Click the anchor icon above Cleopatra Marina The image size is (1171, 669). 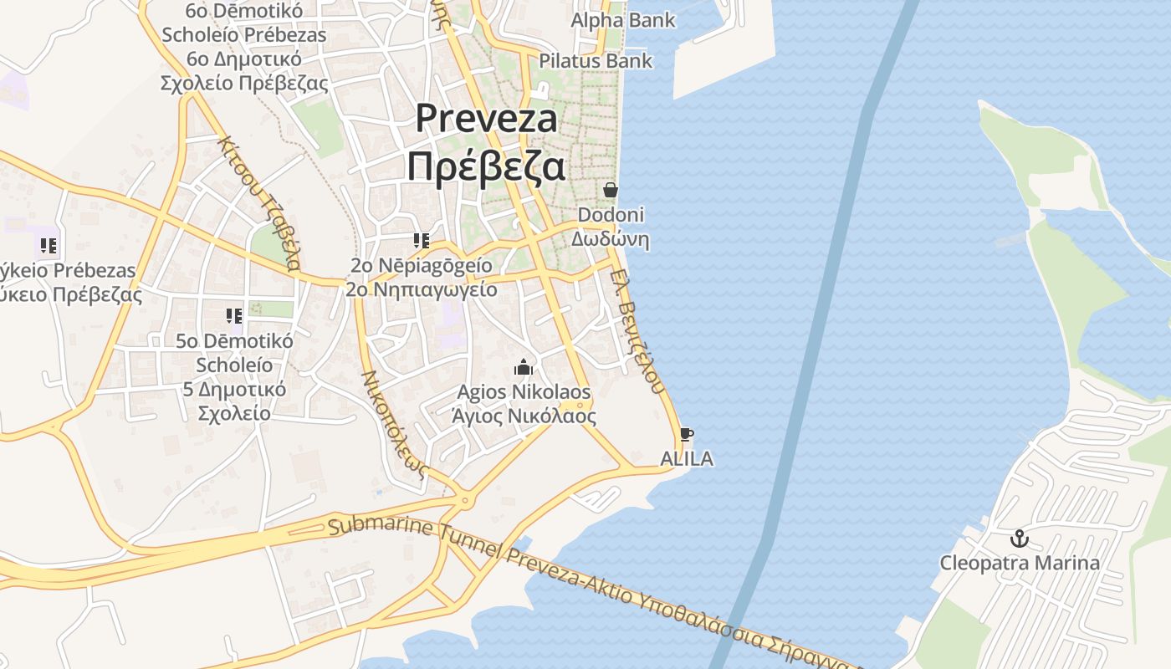pyautogui.click(x=1019, y=539)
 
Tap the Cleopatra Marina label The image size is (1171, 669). pyautogui.click(x=1020, y=563)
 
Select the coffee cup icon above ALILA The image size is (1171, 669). pyautogui.click(x=686, y=434)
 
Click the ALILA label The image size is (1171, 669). pyautogui.click(x=687, y=458)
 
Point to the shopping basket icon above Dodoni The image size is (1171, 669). pyautogui.click(x=611, y=190)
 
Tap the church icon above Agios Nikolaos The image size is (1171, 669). pyautogui.click(x=524, y=367)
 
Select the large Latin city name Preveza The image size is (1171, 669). pyautogui.click(x=486, y=118)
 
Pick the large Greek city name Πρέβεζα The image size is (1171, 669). pyautogui.click(x=486, y=166)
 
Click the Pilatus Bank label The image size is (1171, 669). pyautogui.click(x=596, y=61)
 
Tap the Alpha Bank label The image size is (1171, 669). pyautogui.click(x=623, y=20)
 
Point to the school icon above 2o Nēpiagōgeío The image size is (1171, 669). pyautogui.click(x=422, y=242)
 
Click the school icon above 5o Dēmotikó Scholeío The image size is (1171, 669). pyautogui.click(x=234, y=316)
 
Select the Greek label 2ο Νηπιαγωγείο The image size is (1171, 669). pyautogui.click(x=422, y=289)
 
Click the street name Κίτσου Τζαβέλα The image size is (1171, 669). pyautogui.click(x=258, y=202)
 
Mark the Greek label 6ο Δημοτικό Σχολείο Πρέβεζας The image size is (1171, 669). pyautogui.click(x=243, y=71)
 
